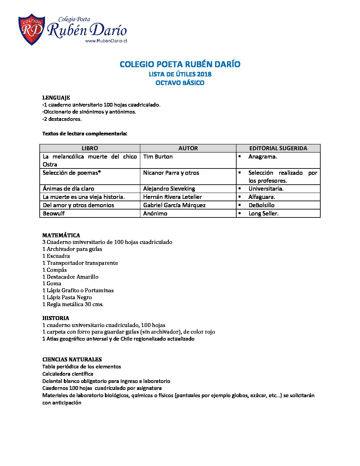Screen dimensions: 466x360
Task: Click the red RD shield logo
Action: [x=31, y=29]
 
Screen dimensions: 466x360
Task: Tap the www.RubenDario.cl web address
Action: [x=106, y=41]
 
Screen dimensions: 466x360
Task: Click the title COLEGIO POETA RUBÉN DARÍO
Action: [x=180, y=64]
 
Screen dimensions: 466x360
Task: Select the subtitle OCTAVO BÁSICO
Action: [x=180, y=83]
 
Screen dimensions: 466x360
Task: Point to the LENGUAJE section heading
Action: [x=56, y=98]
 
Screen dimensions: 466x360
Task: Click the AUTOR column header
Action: [x=188, y=148]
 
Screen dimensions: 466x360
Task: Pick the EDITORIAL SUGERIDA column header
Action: [x=278, y=148]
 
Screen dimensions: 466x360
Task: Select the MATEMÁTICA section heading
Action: [x=61, y=235]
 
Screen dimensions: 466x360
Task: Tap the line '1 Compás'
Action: [x=55, y=270]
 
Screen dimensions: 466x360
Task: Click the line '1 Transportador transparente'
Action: [x=80, y=263]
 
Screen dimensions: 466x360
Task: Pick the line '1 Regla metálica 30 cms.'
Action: [x=73, y=304]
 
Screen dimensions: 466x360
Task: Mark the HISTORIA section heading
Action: [x=56, y=318]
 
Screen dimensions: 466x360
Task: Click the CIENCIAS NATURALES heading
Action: [x=72, y=359]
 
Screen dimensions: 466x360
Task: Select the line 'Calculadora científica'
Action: [x=68, y=374]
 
